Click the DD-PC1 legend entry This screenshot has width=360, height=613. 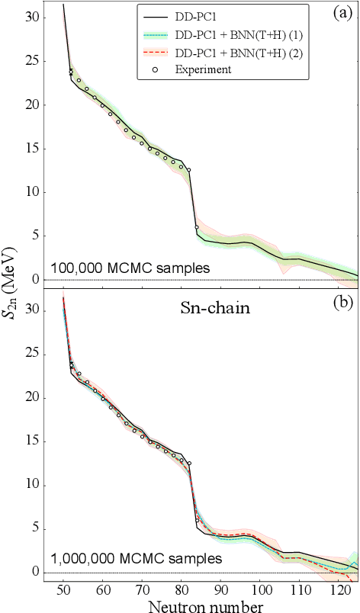(196, 15)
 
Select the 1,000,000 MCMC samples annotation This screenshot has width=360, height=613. (136, 559)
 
